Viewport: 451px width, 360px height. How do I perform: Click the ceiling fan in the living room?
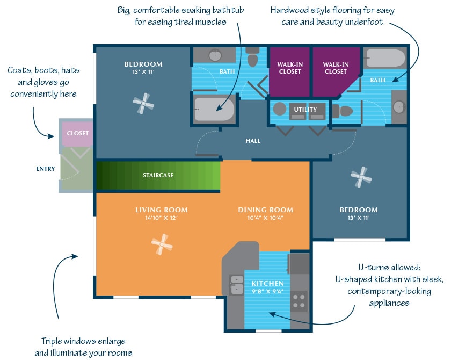pyautogui.click(x=162, y=246)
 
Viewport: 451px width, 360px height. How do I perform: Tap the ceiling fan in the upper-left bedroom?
pyautogui.click(x=143, y=103)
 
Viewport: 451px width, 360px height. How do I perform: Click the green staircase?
pyautogui.click(x=158, y=175)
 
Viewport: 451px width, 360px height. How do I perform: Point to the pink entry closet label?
pyautogui.click(x=78, y=133)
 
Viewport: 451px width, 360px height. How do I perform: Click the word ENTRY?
pyautogui.click(x=46, y=169)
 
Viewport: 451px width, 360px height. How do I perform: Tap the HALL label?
pyautogui.click(x=253, y=141)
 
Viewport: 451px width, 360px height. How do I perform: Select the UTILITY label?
pyautogui.click(x=305, y=110)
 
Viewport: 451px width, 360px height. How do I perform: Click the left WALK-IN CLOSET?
pyautogui.click(x=289, y=68)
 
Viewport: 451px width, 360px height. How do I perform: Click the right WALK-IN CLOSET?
pyautogui.click(x=336, y=68)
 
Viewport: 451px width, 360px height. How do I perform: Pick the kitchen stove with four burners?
pyautogui.click(x=300, y=302)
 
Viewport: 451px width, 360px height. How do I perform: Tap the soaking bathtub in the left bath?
pyautogui.click(x=214, y=109)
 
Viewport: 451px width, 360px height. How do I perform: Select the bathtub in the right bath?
pyautogui.click(x=385, y=58)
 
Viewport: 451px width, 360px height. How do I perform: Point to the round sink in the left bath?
pyautogui.click(x=215, y=55)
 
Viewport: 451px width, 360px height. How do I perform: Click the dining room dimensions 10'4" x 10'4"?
pyautogui.click(x=265, y=218)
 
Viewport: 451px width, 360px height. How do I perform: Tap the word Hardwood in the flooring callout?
pyautogui.click(x=289, y=10)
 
